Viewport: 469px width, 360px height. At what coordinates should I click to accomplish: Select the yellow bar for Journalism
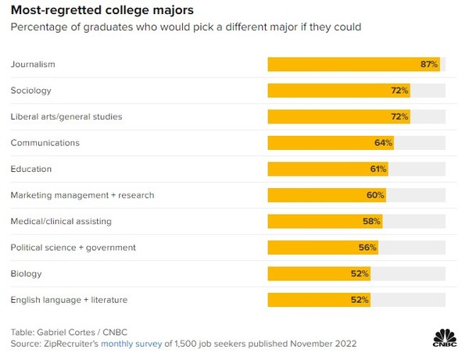(353, 64)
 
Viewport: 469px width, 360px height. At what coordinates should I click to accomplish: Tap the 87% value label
(429, 64)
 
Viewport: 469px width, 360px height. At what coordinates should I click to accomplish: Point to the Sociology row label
(30, 91)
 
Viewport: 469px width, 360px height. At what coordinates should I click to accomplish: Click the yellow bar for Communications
(330, 143)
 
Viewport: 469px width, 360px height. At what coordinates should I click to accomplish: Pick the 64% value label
(383, 143)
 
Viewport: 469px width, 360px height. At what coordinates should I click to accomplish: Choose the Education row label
(30, 169)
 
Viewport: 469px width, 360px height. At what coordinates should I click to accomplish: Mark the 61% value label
(378, 169)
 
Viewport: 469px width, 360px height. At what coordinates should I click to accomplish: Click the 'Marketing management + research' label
(82, 195)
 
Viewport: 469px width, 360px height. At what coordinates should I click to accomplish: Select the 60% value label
(375, 195)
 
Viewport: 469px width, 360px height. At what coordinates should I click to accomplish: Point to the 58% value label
(371, 221)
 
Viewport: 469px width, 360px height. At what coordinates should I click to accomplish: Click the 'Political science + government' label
(73, 248)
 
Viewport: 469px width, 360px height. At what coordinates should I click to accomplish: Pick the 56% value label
(368, 248)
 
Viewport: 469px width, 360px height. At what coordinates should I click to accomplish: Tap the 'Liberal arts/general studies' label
(66, 116)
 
